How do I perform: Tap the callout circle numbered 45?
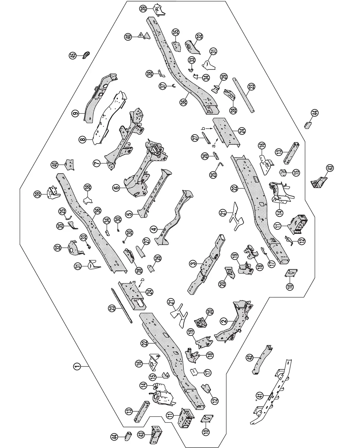coord(73,56)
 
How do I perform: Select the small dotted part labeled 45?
coord(86,55)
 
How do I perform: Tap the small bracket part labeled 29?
coord(216,89)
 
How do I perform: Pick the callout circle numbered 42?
coord(250,358)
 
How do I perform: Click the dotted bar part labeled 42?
coord(262,360)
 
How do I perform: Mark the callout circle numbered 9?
coord(76,114)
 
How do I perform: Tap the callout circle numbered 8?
coord(83,139)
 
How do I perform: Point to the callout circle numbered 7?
coord(97,163)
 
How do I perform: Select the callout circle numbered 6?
coord(116,188)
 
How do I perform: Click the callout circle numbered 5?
coord(129,214)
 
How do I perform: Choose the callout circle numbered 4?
coord(154,230)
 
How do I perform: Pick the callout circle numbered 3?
coord(193,264)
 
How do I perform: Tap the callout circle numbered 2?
coord(224,321)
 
